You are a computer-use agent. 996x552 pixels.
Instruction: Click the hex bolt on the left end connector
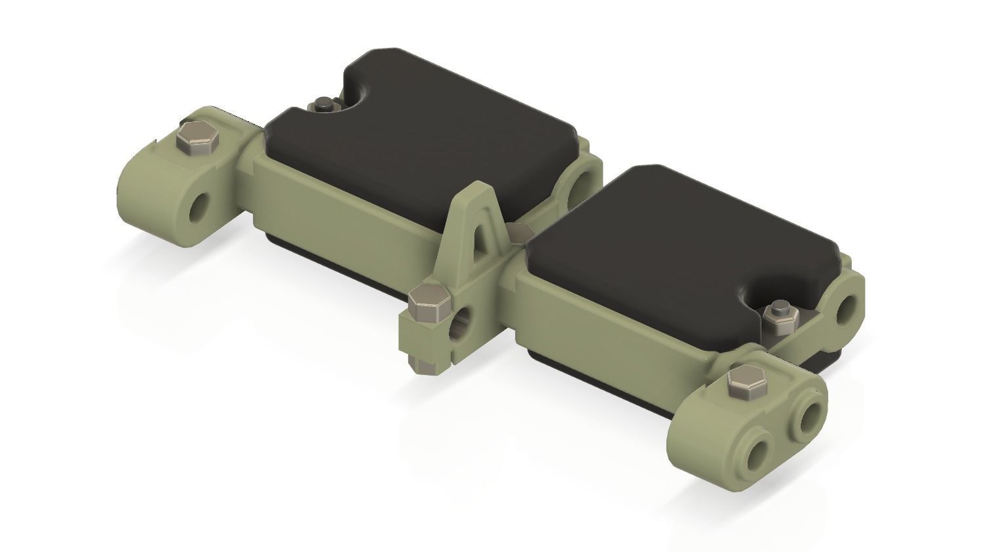click(x=196, y=138)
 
